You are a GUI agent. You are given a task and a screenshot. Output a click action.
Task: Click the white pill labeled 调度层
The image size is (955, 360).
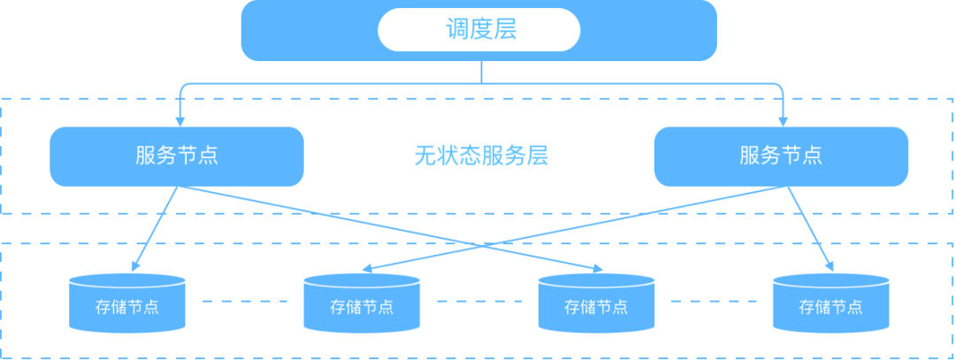(478, 30)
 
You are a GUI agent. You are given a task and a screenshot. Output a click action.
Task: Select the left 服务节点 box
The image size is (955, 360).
(177, 157)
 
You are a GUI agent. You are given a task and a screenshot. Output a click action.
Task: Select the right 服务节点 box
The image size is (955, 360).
(781, 157)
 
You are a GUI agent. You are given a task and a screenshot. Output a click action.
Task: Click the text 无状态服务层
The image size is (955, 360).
(481, 157)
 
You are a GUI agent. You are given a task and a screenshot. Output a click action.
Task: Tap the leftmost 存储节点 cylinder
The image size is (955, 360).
(127, 303)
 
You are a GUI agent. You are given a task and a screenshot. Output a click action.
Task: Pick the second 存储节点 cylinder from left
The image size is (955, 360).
(362, 303)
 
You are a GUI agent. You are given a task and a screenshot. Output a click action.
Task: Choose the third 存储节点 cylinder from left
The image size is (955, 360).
(596, 303)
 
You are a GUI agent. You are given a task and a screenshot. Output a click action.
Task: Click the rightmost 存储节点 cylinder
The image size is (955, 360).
(830, 303)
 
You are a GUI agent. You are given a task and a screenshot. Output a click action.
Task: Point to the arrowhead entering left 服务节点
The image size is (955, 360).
(180, 121)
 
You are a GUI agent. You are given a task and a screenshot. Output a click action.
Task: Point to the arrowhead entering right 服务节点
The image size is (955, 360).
(783, 121)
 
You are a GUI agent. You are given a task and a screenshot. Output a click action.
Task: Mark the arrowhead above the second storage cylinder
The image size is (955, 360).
(367, 269)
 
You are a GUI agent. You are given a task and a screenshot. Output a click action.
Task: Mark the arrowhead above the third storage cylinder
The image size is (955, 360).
(598, 269)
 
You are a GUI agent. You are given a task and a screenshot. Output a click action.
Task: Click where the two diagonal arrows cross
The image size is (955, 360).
(482, 246)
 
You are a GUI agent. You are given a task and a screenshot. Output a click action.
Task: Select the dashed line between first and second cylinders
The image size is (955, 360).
(245, 301)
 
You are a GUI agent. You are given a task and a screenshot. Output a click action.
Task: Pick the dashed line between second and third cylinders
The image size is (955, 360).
(479, 301)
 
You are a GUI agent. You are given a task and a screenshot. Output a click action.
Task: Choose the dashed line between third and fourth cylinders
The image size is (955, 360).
(714, 301)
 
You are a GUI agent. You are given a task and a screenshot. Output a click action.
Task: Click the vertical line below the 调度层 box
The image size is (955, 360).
(482, 72)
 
